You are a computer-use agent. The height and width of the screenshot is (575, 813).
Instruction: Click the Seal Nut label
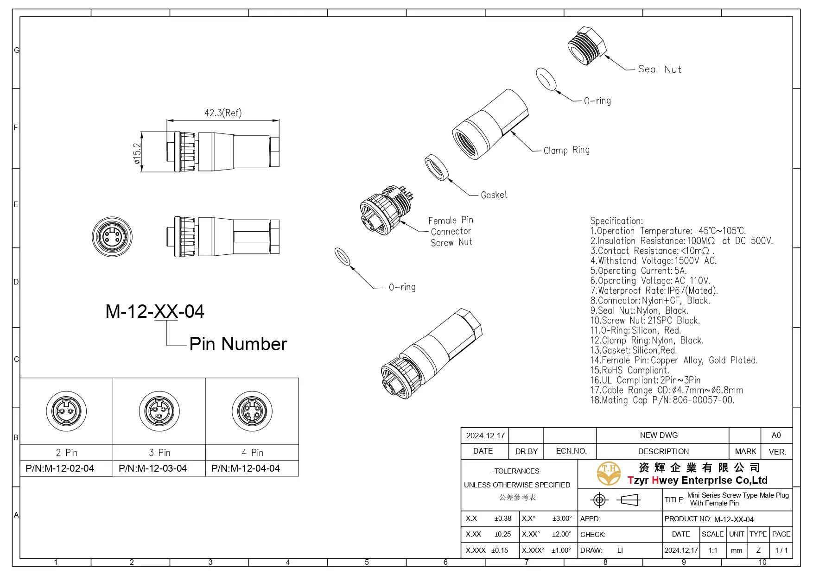tap(659, 70)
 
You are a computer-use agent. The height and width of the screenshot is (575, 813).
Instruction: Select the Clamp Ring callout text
tap(566, 150)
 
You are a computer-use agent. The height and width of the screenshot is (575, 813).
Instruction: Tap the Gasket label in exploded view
tap(494, 195)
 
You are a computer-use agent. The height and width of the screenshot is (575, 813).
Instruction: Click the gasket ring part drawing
tap(437, 167)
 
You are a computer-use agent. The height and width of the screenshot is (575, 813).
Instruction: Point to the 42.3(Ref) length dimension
tap(223, 113)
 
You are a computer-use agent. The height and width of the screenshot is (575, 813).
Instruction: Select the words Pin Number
tap(238, 344)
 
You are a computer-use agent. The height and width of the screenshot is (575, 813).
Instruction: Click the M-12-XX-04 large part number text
tap(154, 311)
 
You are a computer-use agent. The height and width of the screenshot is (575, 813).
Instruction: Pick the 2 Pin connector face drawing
tap(66, 411)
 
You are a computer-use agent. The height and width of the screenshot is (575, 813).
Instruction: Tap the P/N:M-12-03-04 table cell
tap(153, 468)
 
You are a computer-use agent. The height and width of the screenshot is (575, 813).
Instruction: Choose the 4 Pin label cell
tap(252, 453)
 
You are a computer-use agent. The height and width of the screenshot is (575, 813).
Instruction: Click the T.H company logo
tap(609, 474)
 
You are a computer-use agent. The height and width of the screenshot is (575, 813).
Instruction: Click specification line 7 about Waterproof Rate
tap(654, 291)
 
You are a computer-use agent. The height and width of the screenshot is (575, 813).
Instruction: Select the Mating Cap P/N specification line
tap(662, 400)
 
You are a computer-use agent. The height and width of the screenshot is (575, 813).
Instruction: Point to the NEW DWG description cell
tap(658, 435)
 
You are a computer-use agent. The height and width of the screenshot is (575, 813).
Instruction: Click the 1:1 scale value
tap(712, 550)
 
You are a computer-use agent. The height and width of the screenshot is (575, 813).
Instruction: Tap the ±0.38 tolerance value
tap(502, 518)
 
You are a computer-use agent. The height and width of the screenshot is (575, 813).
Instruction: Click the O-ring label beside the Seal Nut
tap(597, 101)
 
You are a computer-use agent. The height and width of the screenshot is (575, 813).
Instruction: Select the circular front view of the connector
tap(112, 237)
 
